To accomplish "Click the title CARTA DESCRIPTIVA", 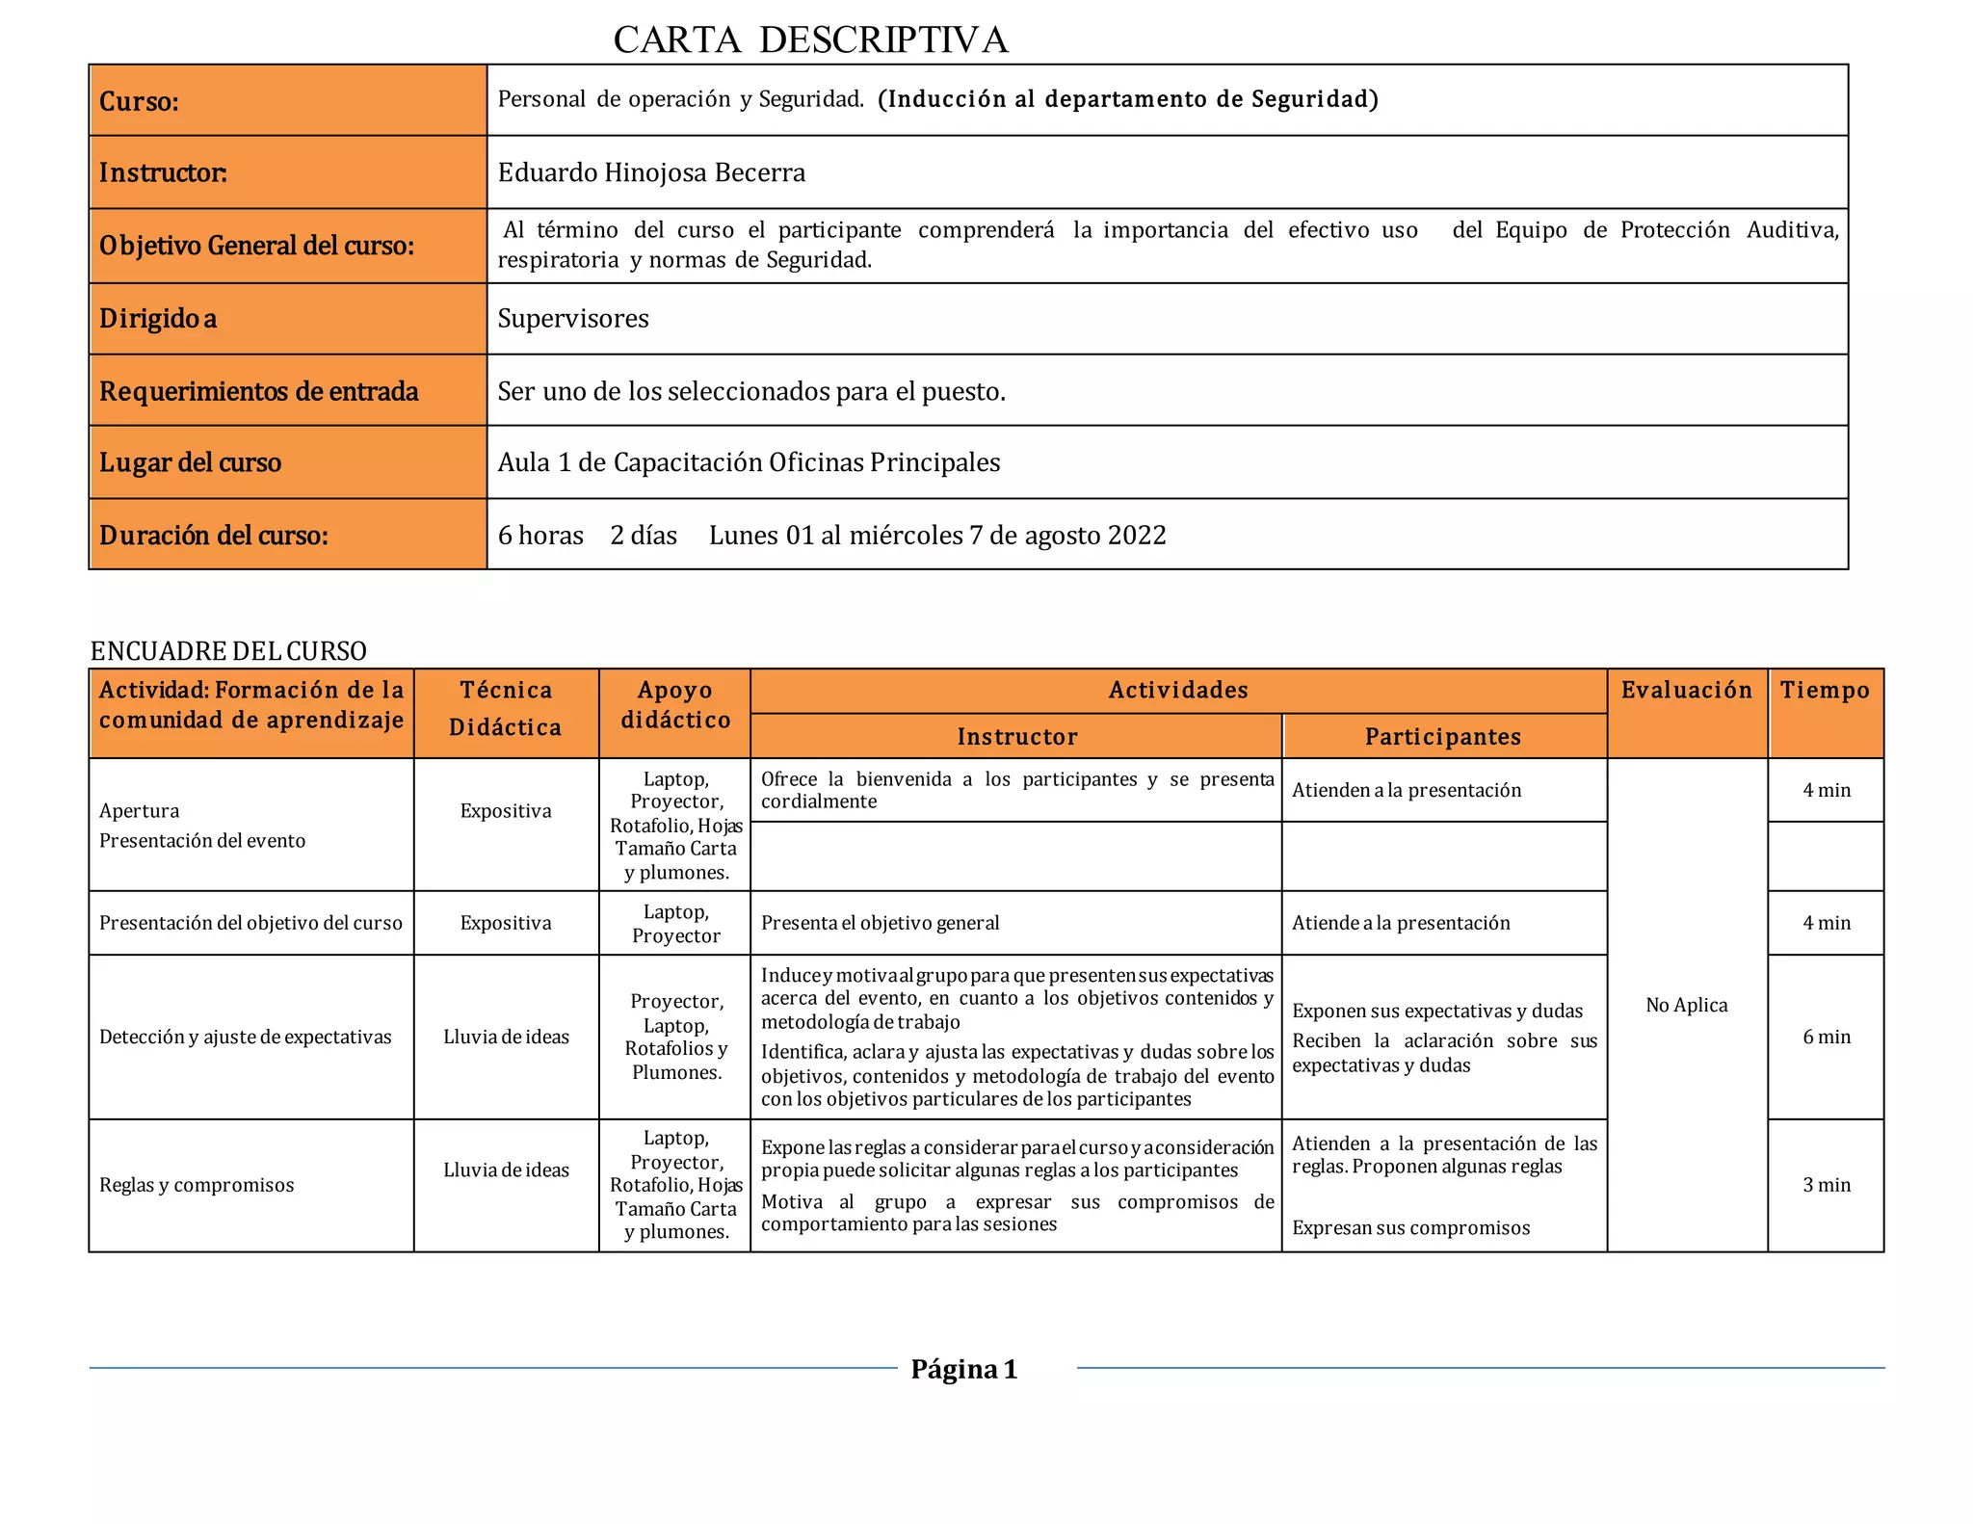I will click(x=810, y=40).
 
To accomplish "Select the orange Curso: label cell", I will click(x=287, y=101).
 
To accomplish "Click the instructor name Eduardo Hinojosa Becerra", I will click(x=651, y=172).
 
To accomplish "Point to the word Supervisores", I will click(x=573, y=319).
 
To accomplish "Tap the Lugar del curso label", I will click(x=191, y=462).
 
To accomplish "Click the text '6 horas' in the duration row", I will click(x=540, y=536).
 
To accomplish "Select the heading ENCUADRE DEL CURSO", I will click(x=228, y=651).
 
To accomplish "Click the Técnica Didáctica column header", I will click(x=506, y=708).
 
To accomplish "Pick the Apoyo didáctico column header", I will click(x=675, y=705).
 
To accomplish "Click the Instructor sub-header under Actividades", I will click(x=1016, y=737).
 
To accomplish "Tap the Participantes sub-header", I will click(x=1443, y=737).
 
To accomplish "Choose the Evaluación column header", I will click(x=1686, y=690).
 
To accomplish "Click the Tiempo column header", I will click(x=1825, y=690).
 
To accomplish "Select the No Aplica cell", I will click(x=1686, y=1005).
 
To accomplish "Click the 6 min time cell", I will click(x=1827, y=1037).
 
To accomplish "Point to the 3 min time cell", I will click(x=1827, y=1185).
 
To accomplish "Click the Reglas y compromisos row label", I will click(x=197, y=1185).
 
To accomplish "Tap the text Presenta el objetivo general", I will click(x=880, y=923).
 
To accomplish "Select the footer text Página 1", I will click(x=963, y=1369).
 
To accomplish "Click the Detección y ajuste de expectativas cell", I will click(x=245, y=1037).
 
